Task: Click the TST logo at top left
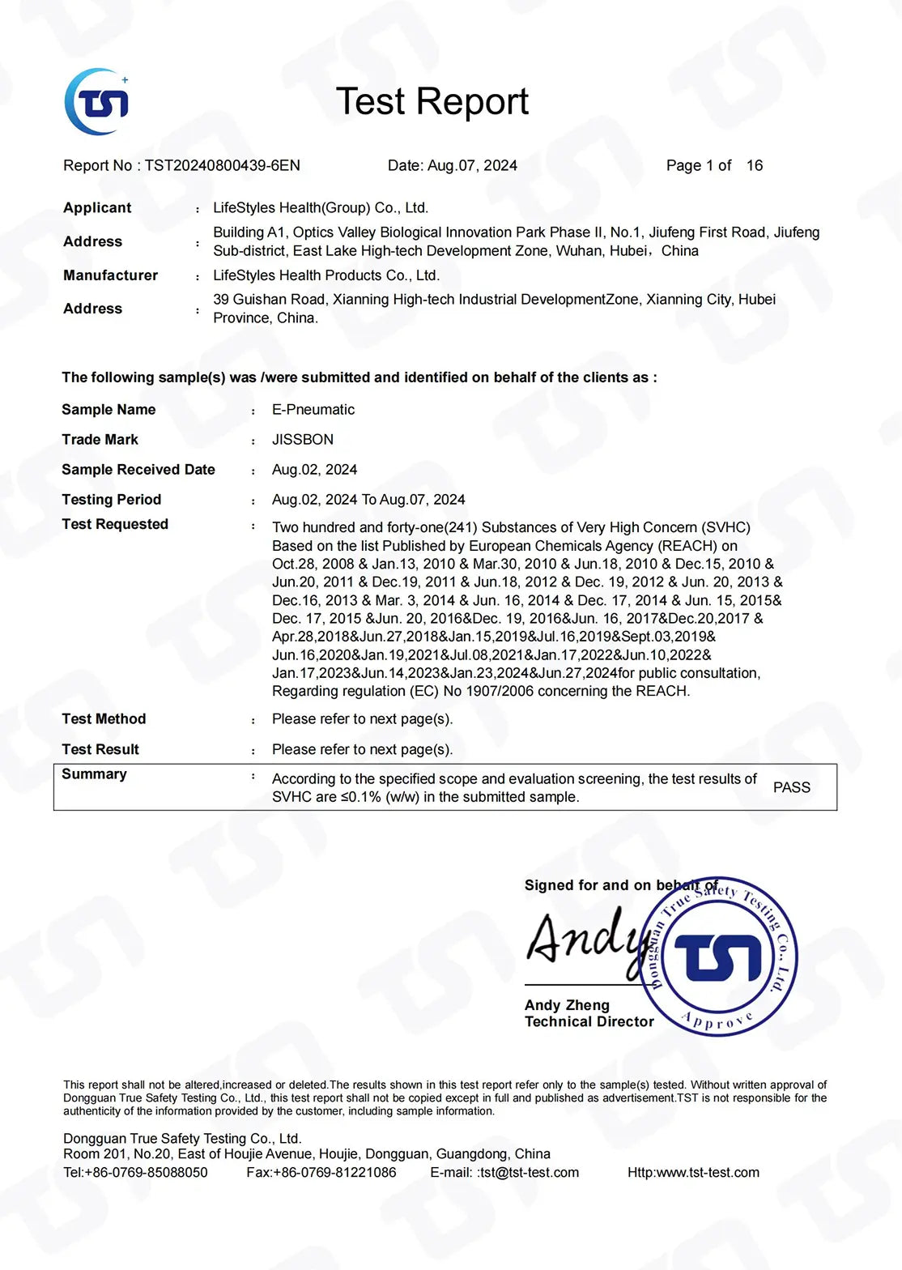pyautogui.click(x=96, y=102)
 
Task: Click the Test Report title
pyautogui.click(x=432, y=102)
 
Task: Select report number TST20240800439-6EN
pyautogui.click(x=223, y=165)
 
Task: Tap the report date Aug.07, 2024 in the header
pyautogui.click(x=472, y=165)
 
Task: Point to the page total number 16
pyautogui.click(x=754, y=165)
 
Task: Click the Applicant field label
pyautogui.click(x=97, y=207)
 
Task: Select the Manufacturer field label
pyautogui.click(x=110, y=275)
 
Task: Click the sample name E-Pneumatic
pyautogui.click(x=313, y=410)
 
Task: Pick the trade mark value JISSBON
pyautogui.click(x=303, y=440)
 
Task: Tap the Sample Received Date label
pyautogui.click(x=138, y=470)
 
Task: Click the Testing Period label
pyautogui.click(x=111, y=500)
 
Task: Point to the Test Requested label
pyautogui.click(x=115, y=524)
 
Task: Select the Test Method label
pyautogui.click(x=104, y=719)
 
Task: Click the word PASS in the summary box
pyautogui.click(x=791, y=787)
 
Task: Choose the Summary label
pyautogui.click(x=94, y=774)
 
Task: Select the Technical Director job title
pyautogui.click(x=589, y=1022)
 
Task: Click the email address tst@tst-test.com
pyautogui.click(x=530, y=1173)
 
